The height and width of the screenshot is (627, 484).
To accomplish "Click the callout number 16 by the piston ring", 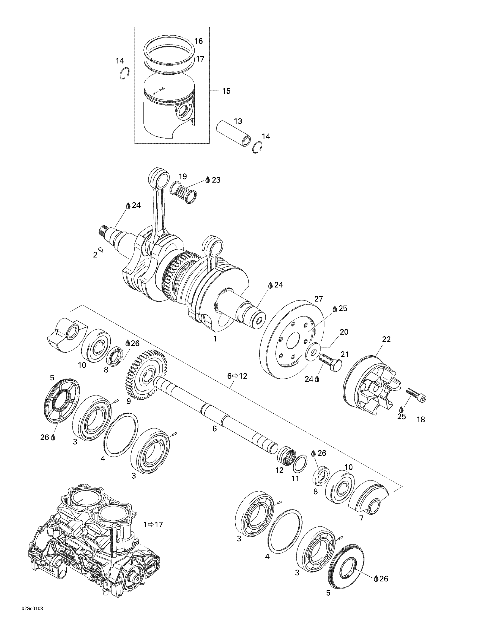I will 198,41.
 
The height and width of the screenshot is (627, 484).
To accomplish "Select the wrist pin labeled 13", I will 233,134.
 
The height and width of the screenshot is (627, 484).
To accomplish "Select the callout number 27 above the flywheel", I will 319,299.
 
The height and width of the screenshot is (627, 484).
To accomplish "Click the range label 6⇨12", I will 237,376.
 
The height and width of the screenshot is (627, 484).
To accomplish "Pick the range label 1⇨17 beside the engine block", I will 153,525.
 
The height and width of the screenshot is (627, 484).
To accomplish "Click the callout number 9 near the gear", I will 128,401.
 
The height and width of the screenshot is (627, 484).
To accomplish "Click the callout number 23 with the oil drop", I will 216,180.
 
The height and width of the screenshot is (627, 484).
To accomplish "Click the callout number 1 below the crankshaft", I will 215,339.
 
